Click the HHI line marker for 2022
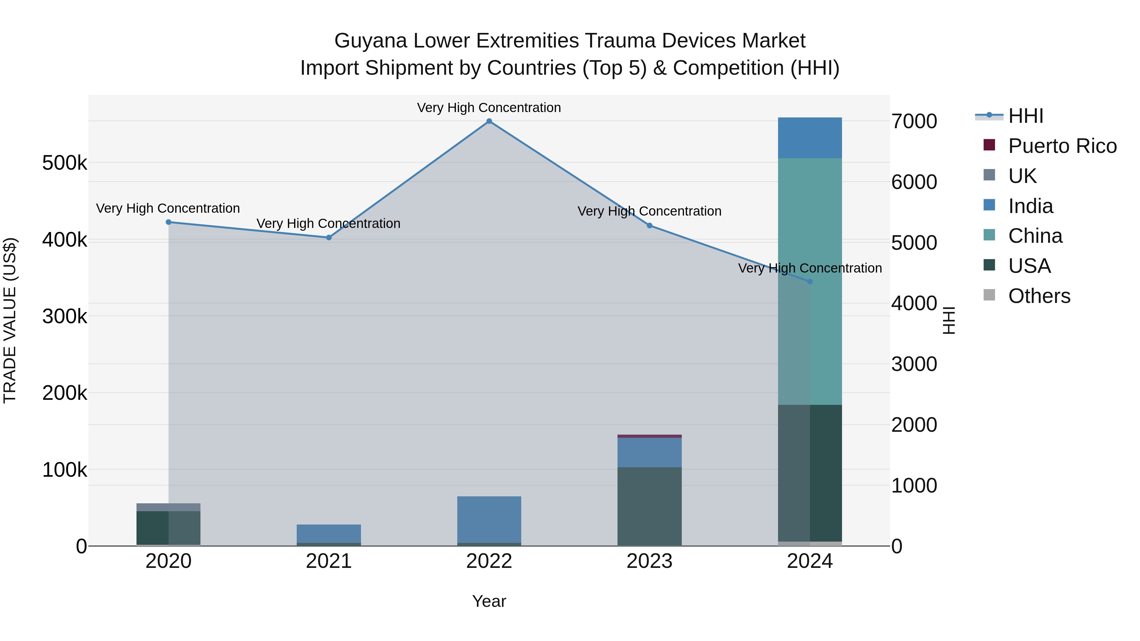pos(489,121)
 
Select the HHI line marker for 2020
pos(168,222)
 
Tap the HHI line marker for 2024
pos(810,281)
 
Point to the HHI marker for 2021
pos(329,237)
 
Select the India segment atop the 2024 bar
pos(810,138)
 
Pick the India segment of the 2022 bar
pos(489,519)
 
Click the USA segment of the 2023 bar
pos(649,506)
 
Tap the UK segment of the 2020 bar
pos(168,507)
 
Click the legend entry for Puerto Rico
pos(1062,146)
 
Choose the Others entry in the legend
pos(1039,296)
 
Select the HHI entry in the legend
pos(1025,116)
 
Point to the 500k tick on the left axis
pos(65,163)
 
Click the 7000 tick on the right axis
pos(914,122)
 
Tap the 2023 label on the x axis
pos(649,561)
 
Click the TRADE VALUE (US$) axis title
pos(10,320)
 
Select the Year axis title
pos(489,601)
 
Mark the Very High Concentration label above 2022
pos(489,108)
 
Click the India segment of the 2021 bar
pos(329,533)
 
